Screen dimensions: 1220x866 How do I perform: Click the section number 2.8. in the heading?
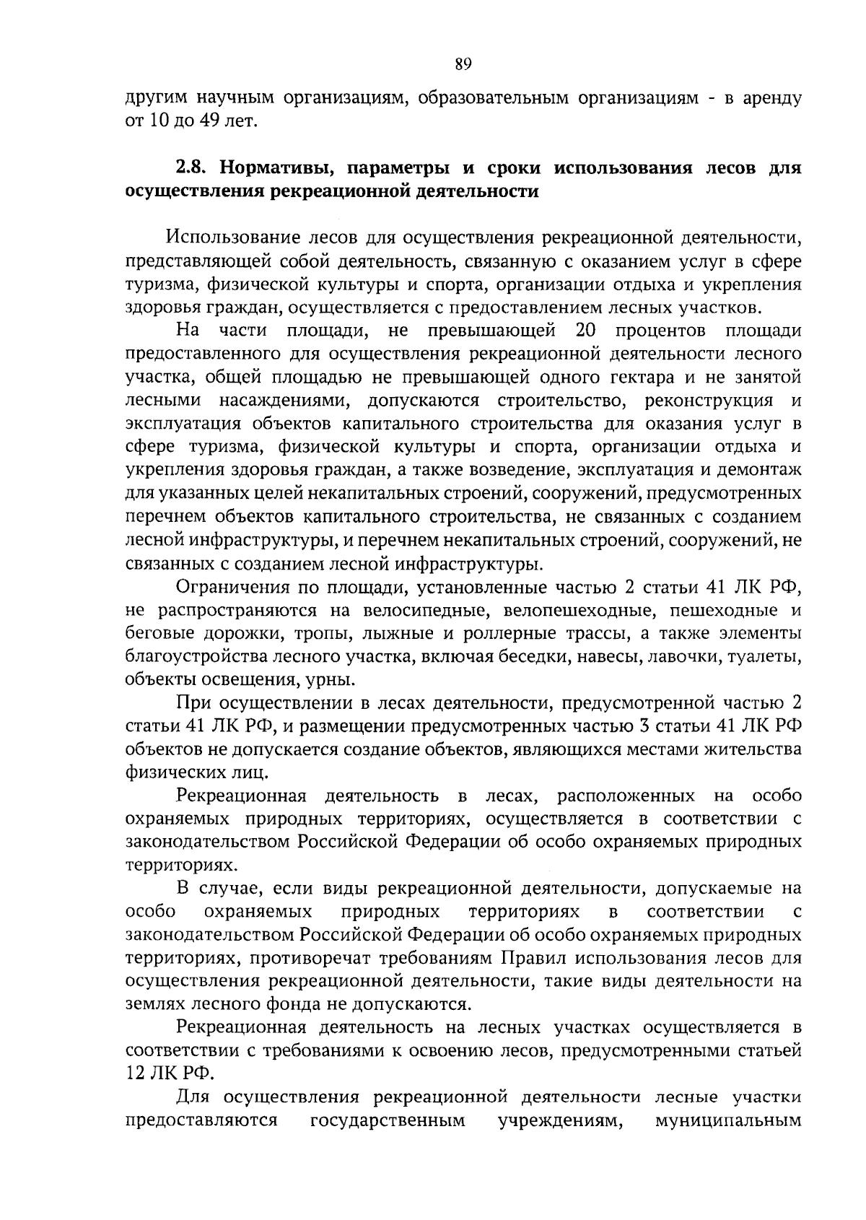pyautogui.click(x=192, y=169)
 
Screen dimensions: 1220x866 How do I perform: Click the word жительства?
pyautogui.click(x=753, y=749)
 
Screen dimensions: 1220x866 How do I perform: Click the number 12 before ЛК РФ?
pyautogui.click(x=136, y=1073)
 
